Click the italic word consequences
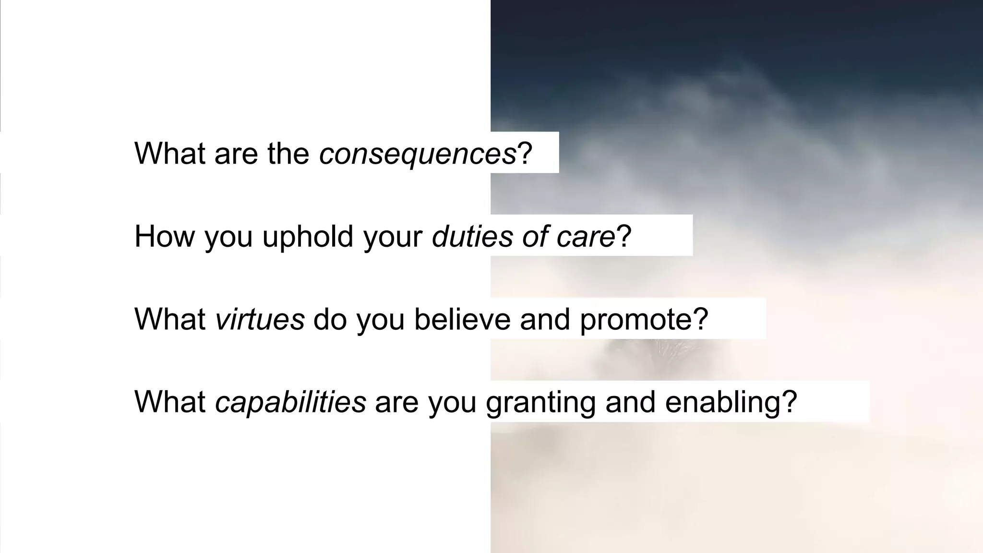coord(418,154)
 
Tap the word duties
coord(472,237)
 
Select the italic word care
coord(586,237)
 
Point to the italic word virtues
coord(260,319)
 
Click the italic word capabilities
coord(290,402)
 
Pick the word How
coord(165,237)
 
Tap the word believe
coord(462,319)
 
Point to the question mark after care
coord(623,237)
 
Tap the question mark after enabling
coord(790,402)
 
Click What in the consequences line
coord(170,154)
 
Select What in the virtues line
coord(170,319)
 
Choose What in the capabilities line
coord(170,402)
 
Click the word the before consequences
coord(288,154)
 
